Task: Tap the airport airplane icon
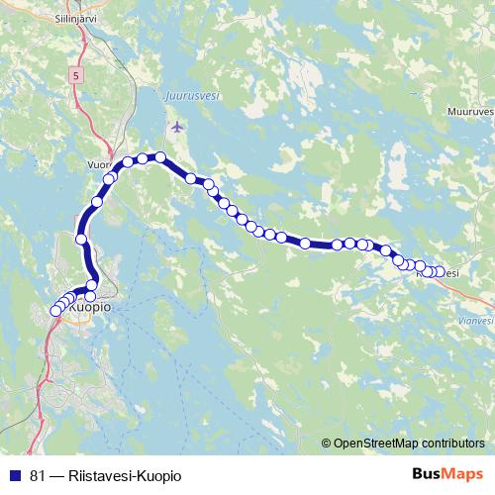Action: (177, 127)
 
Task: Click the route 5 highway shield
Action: (76, 74)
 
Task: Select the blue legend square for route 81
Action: (14, 475)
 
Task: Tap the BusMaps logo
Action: (447, 474)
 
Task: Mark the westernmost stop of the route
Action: (55, 312)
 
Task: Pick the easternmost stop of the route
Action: (441, 271)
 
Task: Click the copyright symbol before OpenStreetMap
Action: (326, 444)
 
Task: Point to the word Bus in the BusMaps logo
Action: (428, 474)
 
